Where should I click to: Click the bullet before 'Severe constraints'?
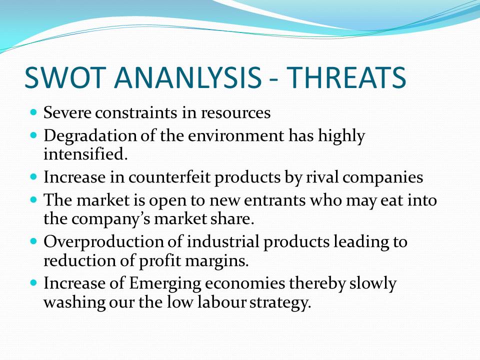click(33, 111)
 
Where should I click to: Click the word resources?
click(235, 113)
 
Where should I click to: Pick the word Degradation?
click(90, 136)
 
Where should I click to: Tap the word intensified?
click(85, 153)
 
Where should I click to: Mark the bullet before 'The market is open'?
click(33, 200)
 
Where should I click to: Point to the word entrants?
click(275, 201)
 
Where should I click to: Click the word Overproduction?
click(104, 242)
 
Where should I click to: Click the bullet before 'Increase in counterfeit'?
click(33, 176)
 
